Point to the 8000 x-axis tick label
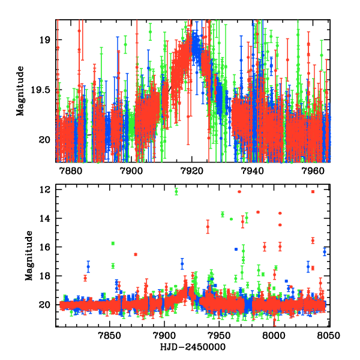[x=274, y=335]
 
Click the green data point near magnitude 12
[x=176, y=192]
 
